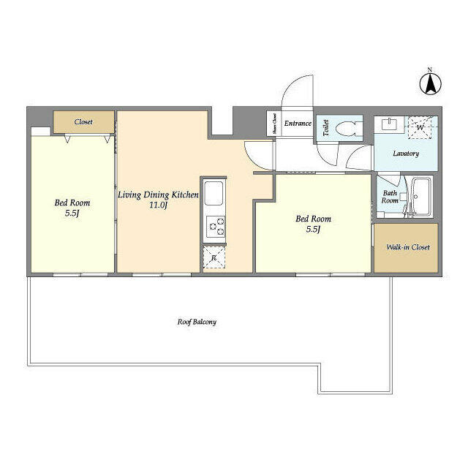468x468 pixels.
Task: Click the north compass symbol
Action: click(430, 82)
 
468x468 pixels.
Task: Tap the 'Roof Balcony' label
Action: click(197, 321)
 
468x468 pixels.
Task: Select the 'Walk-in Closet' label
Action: click(408, 247)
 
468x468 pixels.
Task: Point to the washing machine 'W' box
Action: click(420, 127)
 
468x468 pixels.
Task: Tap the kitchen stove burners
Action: click(216, 227)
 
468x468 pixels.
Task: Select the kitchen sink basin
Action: click(215, 195)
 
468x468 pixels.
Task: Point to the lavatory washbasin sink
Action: click(388, 124)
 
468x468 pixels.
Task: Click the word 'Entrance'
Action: click(298, 124)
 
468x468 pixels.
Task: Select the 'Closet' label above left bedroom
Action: click(84, 121)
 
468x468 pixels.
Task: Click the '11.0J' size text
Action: click(159, 206)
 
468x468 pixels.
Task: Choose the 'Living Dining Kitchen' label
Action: click(159, 195)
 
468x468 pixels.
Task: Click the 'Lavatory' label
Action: click(405, 154)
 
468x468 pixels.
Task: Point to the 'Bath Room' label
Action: click(390, 196)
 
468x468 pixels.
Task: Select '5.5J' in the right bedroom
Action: click(313, 230)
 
